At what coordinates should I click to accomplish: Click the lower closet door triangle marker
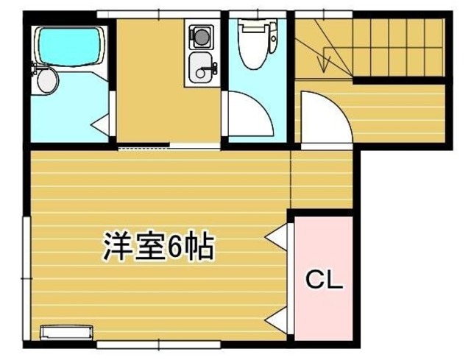tap(277, 319)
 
